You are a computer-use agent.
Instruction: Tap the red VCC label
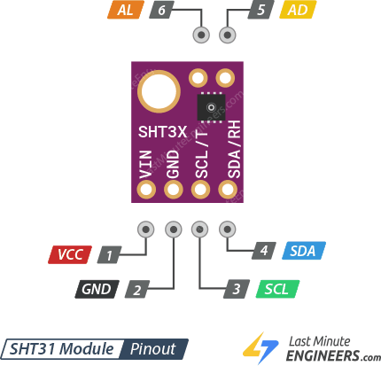(x=70, y=255)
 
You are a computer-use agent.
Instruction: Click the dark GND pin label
(x=97, y=289)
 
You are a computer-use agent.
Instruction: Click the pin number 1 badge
(x=110, y=255)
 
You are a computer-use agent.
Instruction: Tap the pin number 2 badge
(x=136, y=289)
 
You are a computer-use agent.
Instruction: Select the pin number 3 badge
(x=236, y=289)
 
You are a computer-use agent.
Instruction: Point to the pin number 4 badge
(x=263, y=251)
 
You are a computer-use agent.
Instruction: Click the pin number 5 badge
(x=260, y=11)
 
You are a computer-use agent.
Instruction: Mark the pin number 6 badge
(x=160, y=11)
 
